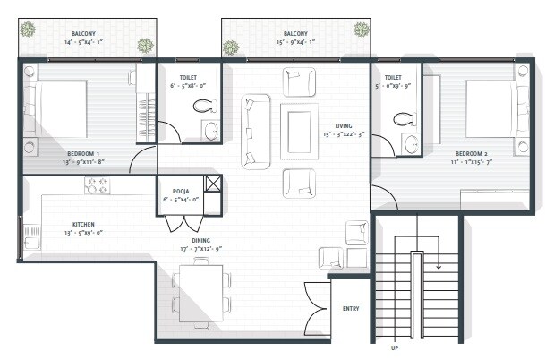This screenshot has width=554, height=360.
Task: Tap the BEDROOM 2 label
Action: point(472,153)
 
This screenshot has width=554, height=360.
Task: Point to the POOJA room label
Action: point(175,191)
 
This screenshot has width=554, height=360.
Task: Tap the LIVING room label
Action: point(344,125)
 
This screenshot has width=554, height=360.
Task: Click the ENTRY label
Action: point(352,309)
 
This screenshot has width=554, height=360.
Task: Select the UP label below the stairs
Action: point(394,347)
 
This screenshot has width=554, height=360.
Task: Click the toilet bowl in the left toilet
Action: point(204,106)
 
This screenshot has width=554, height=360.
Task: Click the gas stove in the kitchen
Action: point(97,186)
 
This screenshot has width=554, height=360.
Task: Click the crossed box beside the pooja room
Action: point(214,185)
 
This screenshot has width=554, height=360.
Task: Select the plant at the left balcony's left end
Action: point(28,29)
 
